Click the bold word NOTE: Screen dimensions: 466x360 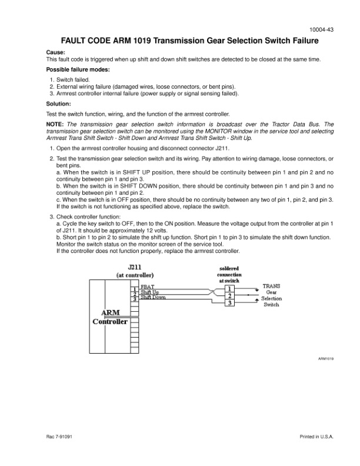pos(55,124)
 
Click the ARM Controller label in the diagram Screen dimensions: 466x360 pos(111,318)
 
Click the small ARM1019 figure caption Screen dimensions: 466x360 pos(326,358)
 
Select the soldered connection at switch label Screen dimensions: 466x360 pos(229,274)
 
